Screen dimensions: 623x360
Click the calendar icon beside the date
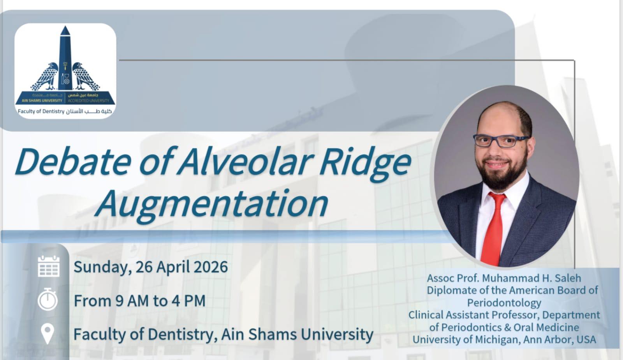pyautogui.click(x=49, y=266)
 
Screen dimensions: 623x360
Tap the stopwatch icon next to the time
pyautogui.click(x=48, y=299)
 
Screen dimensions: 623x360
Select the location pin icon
pyautogui.click(x=48, y=334)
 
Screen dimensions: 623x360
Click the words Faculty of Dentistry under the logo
pyautogui.click(x=41, y=111)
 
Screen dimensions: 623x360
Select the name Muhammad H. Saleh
pyautogui.click(x=531, y=278)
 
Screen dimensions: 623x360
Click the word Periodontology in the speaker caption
pyautogui.click(x=504, y=303)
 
